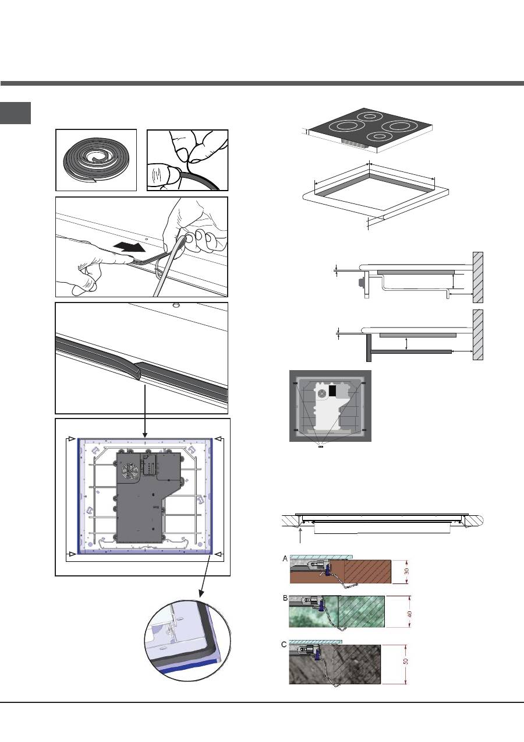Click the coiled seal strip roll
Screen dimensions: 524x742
coord(96,160)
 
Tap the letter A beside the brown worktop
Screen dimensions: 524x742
coord(285,559)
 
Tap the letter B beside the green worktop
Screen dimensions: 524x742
coord(285,598)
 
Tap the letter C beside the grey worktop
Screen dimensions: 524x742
coord(284,645)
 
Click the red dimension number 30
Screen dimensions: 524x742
coord(406,571)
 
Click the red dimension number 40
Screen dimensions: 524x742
coord(410,614)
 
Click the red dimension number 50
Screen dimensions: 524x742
coord(406,661)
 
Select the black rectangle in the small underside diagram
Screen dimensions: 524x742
coord(332,391)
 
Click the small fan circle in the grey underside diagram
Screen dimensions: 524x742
coord(322,393)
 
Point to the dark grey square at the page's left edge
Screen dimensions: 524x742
coord(15,113)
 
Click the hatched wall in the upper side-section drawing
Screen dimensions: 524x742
coord(477,277)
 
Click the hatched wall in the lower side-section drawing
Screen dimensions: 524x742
coord(477,335)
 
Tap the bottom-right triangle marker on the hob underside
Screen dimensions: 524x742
coord(218,554)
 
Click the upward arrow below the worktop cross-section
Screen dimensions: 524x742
coord(300,536)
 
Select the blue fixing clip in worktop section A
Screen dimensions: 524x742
coord(327,569)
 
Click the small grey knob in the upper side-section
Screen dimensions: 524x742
coord(361,282)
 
